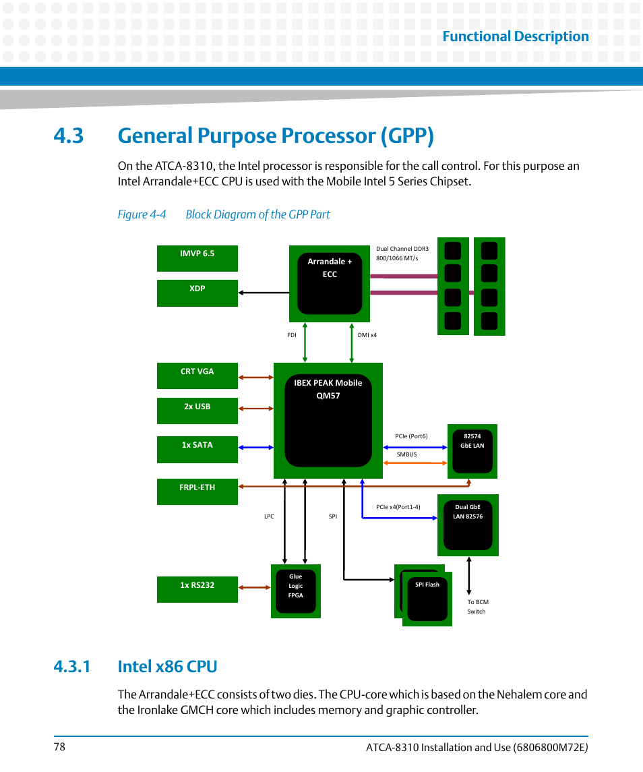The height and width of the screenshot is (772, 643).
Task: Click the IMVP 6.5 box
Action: (x=197, y=258)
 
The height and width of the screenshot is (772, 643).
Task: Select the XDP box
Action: (x=197, y=293)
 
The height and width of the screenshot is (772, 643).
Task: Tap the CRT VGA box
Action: (x=197, y=376)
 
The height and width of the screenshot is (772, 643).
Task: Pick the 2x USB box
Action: (x=197, y=411)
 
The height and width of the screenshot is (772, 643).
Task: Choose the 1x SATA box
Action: (x=197, y=449)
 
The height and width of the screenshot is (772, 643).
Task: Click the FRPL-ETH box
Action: (x=197, y=492)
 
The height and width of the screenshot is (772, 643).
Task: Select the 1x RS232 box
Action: (x=197, y=589)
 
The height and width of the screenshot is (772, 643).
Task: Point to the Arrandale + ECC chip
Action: (x=330, y=283)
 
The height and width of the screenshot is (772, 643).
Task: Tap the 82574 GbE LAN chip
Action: (x=472, y=451)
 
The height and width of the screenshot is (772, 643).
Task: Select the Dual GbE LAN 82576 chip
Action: (x=468, y=525)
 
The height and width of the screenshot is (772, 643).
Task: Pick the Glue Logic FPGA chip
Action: (x=296, y=591)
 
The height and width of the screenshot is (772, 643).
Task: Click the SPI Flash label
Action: (x=427, y=585)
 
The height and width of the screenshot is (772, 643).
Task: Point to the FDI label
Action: (x=292, y=335)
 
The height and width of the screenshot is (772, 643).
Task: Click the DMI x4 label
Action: (x=367, y=335)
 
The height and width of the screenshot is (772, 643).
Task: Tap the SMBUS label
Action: (x=406, y=454)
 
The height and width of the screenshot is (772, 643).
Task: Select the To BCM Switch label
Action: (x=478, y=607)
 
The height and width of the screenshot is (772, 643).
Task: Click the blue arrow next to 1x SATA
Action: (x=255, y=448)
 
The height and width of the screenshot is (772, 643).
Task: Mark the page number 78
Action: (x=60, y=747)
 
